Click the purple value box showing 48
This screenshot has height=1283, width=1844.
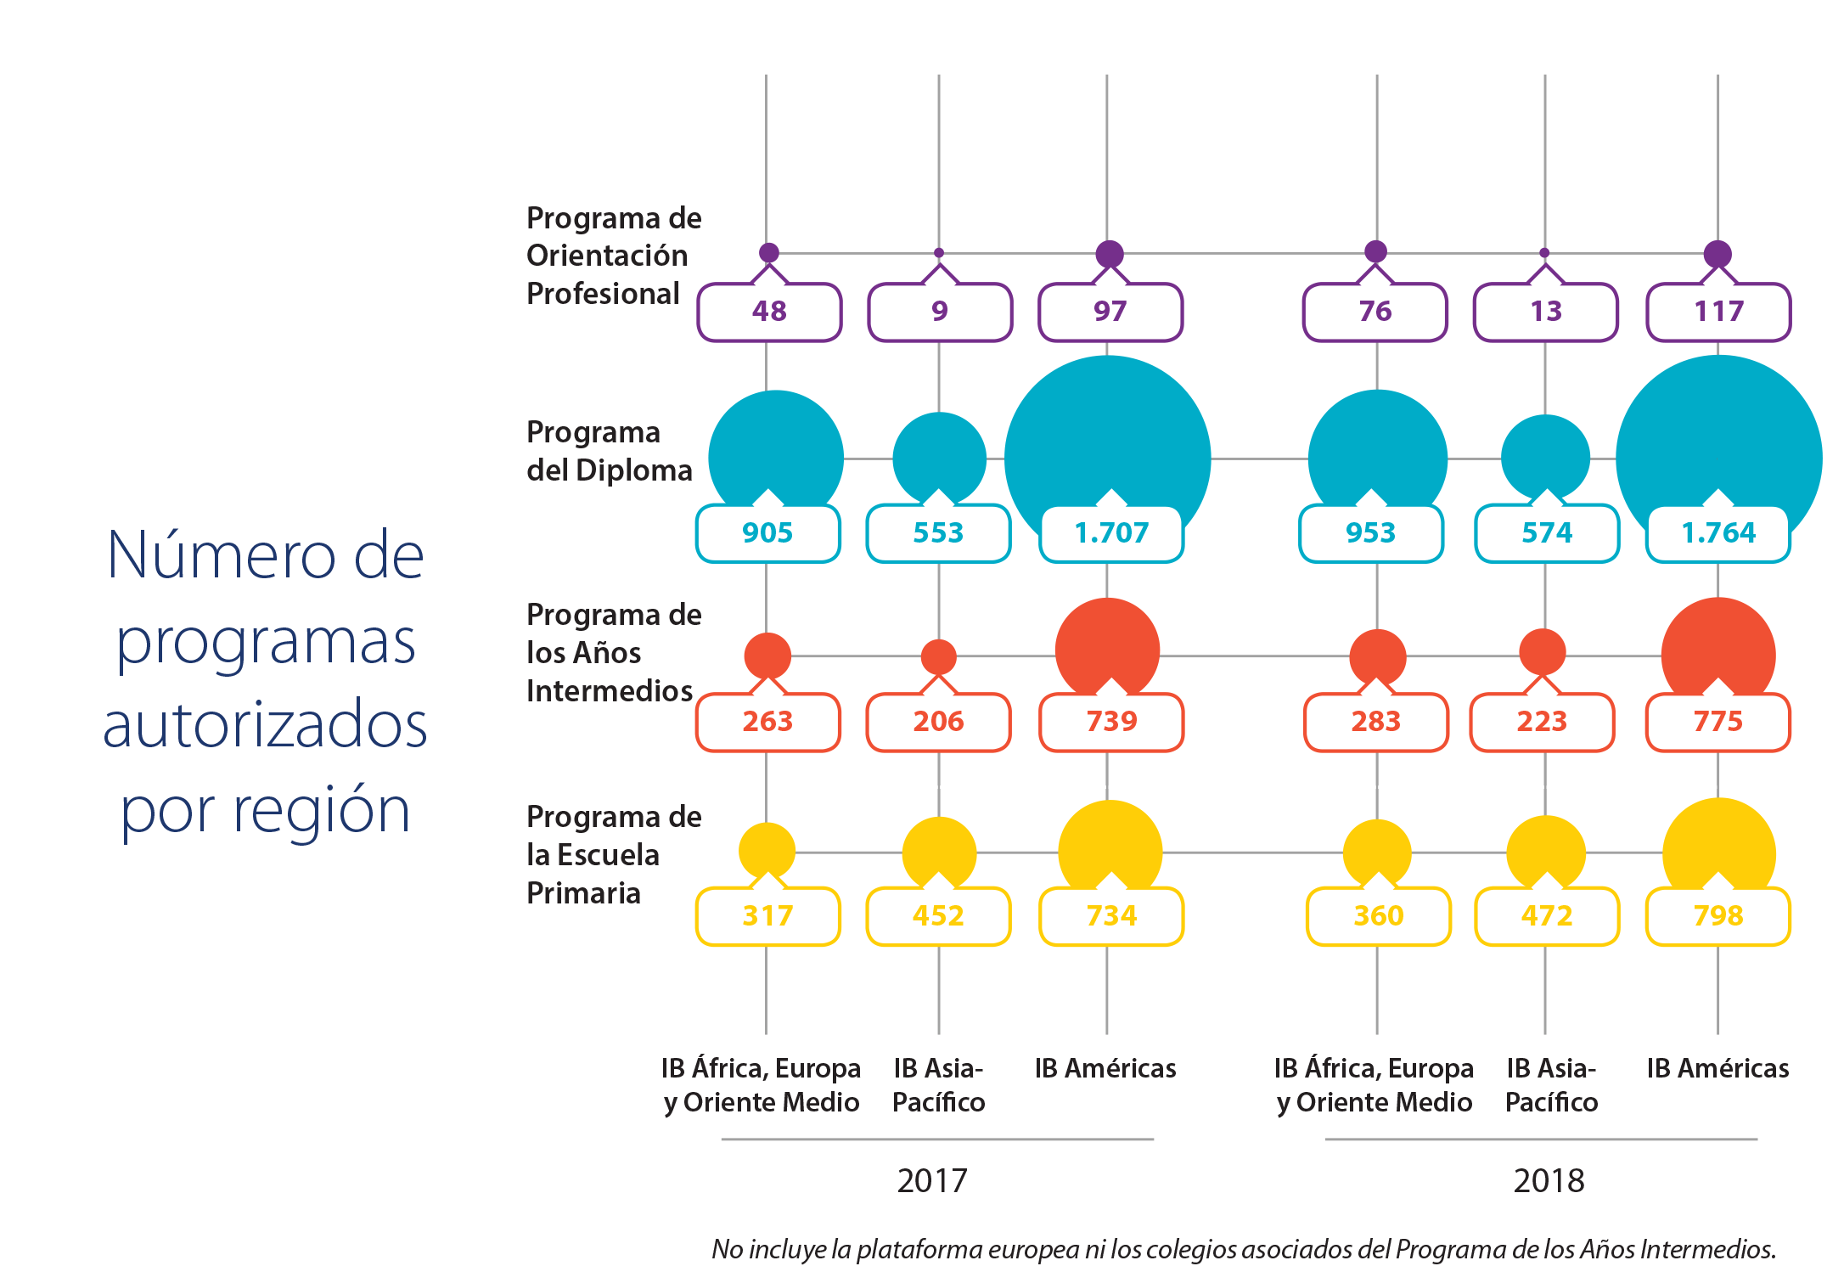tap(769, 312)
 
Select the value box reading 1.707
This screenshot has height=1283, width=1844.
tap(1111, 533)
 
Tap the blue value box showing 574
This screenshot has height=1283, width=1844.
tap(1547, 533)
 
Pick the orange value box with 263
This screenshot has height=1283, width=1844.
tap(768, 722)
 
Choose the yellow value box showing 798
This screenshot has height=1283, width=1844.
tap(1718, 916)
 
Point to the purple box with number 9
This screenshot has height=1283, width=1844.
tap(940, 312)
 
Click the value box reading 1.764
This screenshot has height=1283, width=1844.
tap(1718, 533)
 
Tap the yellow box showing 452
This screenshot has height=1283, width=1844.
tap(939, 916)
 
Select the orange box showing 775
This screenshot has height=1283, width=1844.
tap(1718, 722)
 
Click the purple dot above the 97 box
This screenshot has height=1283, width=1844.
tap(1110, 254)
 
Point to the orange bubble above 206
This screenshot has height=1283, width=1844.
tap(939, 656)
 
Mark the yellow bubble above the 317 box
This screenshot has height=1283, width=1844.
tap(767, 850)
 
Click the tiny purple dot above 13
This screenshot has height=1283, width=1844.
tap(1544, 253)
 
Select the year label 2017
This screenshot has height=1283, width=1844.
tap(932, 1181)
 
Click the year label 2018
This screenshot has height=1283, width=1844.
tap(1549, 1181)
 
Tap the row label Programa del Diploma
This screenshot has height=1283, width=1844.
tap(610, 451)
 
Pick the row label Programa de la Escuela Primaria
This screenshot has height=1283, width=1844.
tap(614, 854)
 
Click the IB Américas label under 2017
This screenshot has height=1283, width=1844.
tap(1105, 1068)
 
